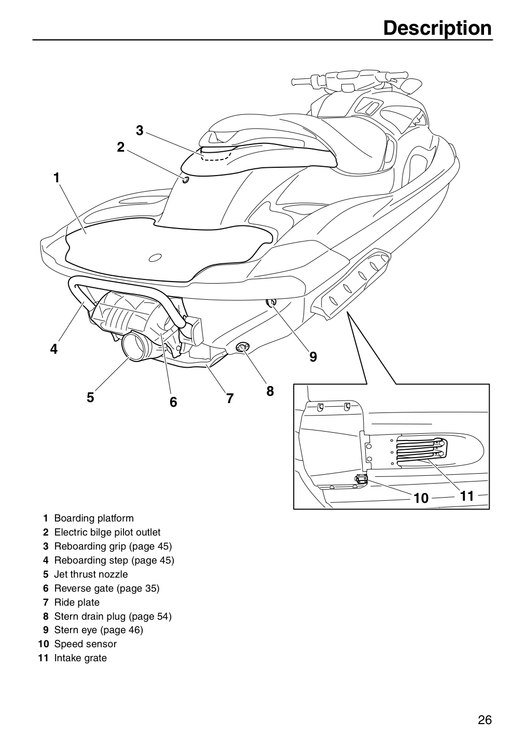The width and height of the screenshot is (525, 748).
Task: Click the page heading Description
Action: tap(437, 29)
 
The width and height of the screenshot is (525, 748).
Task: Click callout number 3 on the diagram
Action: tap(140, 130)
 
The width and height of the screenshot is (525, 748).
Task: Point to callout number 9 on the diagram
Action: tap(313, 357)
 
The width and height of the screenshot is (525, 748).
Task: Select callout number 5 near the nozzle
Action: tap(90, 397)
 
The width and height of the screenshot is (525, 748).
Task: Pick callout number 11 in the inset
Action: tap(467, 496)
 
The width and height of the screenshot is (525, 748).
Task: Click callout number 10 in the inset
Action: tap(421, 498)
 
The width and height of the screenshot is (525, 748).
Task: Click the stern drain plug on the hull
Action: tap(242, 348)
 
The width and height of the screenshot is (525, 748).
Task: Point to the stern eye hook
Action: tap(271, 302)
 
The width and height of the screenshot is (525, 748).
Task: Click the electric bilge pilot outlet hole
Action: tap(185, 180)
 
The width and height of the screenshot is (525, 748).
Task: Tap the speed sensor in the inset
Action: tap(361, 480)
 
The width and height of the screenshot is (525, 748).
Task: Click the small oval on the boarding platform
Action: tap(155, 258)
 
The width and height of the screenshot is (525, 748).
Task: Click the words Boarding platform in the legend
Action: tap(94, 518)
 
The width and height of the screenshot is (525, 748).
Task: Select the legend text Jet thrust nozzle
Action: tap(91, 575)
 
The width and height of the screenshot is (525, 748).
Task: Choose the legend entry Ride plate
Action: tap(77, 603)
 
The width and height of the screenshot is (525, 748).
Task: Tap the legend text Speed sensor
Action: tap(86, 644)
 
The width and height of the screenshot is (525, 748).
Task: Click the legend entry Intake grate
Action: tap(80, 658)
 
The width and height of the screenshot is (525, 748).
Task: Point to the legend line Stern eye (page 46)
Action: tap(99, 630)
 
